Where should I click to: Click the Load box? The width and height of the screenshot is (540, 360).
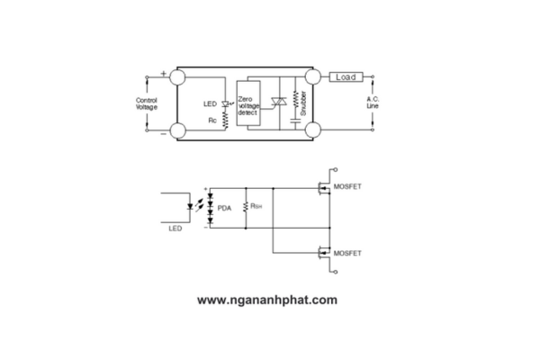click(346, 76)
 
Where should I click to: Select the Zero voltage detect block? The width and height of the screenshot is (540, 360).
click(248, 103)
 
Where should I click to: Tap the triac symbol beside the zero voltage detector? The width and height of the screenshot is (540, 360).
click(279, 102)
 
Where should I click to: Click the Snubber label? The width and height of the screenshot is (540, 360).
click(303, 103)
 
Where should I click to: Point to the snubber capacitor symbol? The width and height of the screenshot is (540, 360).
click(295, 121)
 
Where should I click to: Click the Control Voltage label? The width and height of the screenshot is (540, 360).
click(147, 103)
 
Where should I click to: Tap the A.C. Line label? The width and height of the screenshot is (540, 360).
click(373, 103)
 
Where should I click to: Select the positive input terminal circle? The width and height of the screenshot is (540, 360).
click(177, 76)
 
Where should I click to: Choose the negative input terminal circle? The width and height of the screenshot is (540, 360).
click(178, 130)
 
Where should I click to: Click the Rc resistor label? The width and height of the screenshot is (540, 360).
click(212, 121)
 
